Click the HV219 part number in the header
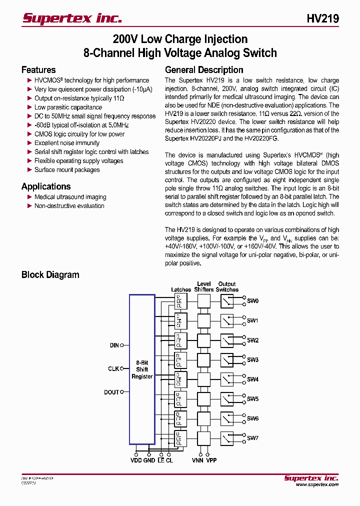pos(322,19)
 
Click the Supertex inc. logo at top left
pos(72,18)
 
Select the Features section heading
pos(38,70)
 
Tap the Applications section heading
pos(46,186)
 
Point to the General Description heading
pos(204,70)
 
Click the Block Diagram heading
pos(50,274)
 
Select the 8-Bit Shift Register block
pos(142,369)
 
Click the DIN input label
pos(114,345)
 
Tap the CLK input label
pos(113,369)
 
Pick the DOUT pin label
pos(111,392)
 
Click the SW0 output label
pos(252,301)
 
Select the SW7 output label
pos(252,438)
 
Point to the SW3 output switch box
pos(227,360)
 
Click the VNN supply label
pos(197,460)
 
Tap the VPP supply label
pos(211,460)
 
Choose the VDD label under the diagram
pos(136,460)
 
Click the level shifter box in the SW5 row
pos(203,399)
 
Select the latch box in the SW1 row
pos(180,320)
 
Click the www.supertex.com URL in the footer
pos(317,484)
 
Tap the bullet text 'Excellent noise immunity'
pos(67,143)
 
